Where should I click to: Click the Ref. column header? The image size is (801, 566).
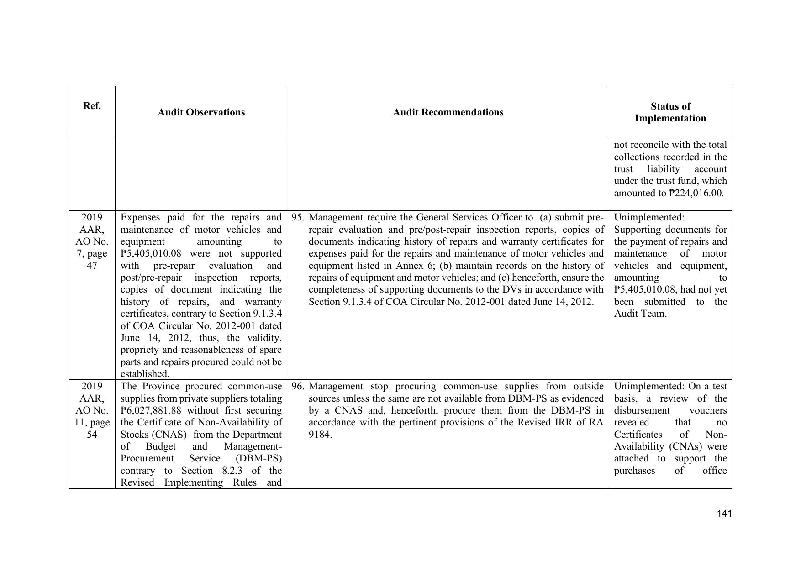point(92,106)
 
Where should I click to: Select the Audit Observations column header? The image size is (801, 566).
point(201,112)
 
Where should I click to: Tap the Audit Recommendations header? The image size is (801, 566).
point(448,112)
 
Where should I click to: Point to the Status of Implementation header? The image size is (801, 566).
point(670,112)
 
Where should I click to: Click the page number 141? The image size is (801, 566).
point(724,514)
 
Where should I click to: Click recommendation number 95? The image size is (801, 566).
point(298,217)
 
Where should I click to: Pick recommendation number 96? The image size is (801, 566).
point(298,387)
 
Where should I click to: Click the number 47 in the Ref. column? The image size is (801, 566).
point(92,266)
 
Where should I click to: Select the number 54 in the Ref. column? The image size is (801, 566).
point(92,434)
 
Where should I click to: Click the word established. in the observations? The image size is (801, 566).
point(145,374)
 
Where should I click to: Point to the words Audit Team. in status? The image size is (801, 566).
point(640,314)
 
